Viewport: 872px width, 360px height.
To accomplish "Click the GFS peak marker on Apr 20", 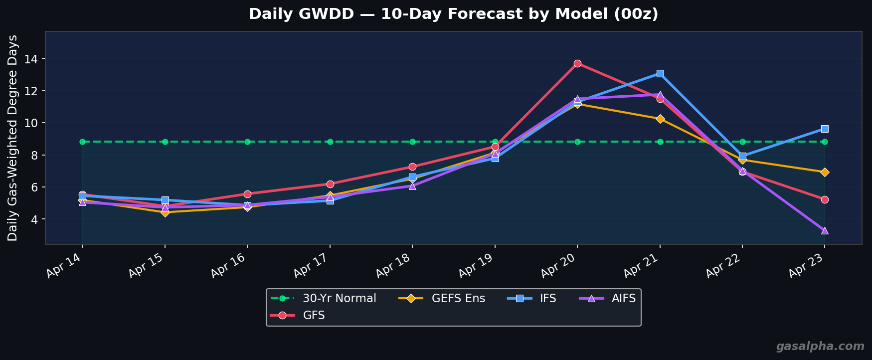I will (x=577, y=63).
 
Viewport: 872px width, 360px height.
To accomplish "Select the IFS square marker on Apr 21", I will (x=660, y=73).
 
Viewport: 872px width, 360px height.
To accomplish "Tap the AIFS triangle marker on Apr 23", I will (x=825, y=230).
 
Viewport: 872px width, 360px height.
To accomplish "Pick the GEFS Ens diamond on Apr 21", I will (x=660, y=119).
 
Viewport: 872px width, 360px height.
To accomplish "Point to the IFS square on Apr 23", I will (x=825, y=129).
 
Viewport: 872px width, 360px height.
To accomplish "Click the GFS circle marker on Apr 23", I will (x=825, y=199).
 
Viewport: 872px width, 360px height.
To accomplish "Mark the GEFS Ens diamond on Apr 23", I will (x=825, y=172).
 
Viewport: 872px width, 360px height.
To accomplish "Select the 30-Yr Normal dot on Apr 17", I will (x=330, y=142).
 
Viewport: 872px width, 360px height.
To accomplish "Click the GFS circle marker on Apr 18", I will (x=412, y=167).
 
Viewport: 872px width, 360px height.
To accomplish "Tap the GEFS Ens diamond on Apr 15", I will (x=165, y=212).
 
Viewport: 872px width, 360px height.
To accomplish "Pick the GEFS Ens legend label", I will (x=458, y=299).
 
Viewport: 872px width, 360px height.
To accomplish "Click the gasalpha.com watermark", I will (x=820, y=347).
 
